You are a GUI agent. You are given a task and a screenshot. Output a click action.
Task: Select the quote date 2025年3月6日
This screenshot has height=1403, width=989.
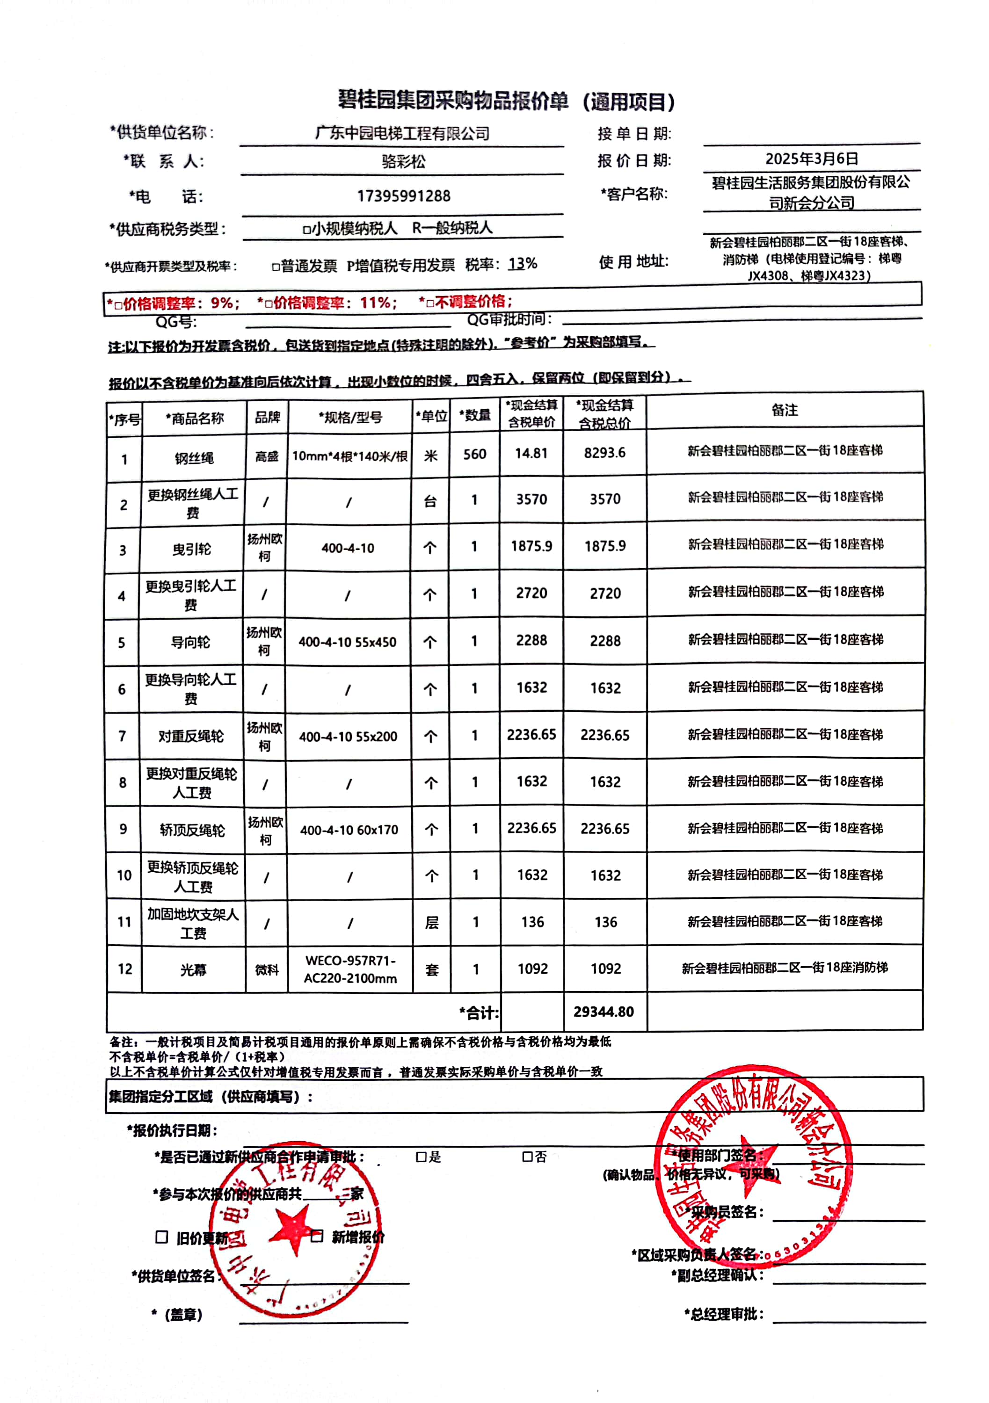click(811, 159)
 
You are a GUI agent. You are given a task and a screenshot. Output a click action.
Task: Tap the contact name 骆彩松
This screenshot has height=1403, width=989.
click(403, 161)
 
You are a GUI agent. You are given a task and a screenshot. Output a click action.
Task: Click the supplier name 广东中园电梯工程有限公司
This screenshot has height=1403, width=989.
click(402, 133)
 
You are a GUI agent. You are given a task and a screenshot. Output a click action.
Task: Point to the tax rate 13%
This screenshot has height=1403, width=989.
click(523, 264)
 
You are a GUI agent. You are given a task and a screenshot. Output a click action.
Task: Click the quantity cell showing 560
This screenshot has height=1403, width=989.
click(474, 454)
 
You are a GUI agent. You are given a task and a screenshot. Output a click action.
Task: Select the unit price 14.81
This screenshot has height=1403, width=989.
click(531, 454)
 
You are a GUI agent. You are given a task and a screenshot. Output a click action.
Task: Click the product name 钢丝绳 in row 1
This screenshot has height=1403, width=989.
click(194, 458)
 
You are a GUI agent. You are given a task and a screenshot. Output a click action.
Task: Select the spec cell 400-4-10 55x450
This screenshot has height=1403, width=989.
click(347, 642)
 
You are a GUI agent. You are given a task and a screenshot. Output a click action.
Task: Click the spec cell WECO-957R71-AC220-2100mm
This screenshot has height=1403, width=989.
click(350, 969)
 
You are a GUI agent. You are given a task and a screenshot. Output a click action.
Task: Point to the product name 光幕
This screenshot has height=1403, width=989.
click(193, 970)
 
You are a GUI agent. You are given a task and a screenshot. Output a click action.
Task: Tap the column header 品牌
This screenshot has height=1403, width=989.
click(267, 417)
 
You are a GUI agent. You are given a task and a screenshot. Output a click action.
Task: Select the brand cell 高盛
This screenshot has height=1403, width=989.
click(267, 456)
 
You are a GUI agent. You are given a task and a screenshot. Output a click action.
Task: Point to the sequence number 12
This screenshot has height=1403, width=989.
click(125, 969)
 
